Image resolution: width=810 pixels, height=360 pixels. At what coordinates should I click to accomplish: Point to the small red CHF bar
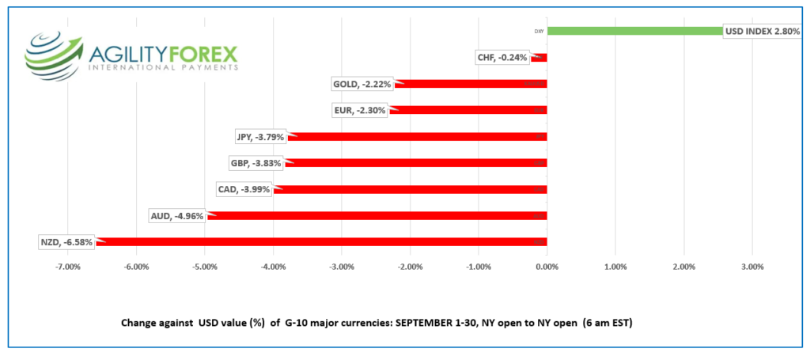coord(539,58)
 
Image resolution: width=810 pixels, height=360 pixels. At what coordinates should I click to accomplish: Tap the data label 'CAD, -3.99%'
coord(244,189)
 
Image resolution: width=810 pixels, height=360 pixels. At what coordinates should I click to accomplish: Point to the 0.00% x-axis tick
coord(547,267)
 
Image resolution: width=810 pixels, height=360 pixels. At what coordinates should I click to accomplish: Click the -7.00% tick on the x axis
coord(68,267)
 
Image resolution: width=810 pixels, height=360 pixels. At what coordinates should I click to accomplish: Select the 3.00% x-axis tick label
coord(752,267)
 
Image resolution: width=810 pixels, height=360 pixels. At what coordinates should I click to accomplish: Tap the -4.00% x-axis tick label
coord(273,267)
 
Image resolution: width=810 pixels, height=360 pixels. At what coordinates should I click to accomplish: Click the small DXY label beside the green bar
coord(539,32)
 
